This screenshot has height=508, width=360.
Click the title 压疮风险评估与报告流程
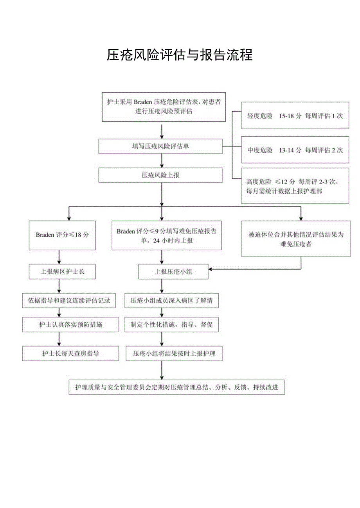180,55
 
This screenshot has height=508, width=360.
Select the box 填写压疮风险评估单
160,146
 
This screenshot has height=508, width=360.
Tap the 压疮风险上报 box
160,175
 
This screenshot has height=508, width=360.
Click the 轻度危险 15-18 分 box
295,116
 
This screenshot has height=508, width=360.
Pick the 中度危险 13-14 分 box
295,150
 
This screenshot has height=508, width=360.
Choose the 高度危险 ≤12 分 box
295,186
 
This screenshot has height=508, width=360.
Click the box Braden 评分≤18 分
62,235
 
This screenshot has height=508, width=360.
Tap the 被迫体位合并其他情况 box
295,239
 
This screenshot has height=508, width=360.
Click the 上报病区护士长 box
62,271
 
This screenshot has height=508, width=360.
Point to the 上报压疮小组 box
173,271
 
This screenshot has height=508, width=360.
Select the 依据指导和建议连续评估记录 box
69,300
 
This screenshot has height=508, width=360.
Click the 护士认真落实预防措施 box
70,324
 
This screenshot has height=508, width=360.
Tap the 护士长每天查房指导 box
70,353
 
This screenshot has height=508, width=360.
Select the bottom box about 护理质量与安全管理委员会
176,387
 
